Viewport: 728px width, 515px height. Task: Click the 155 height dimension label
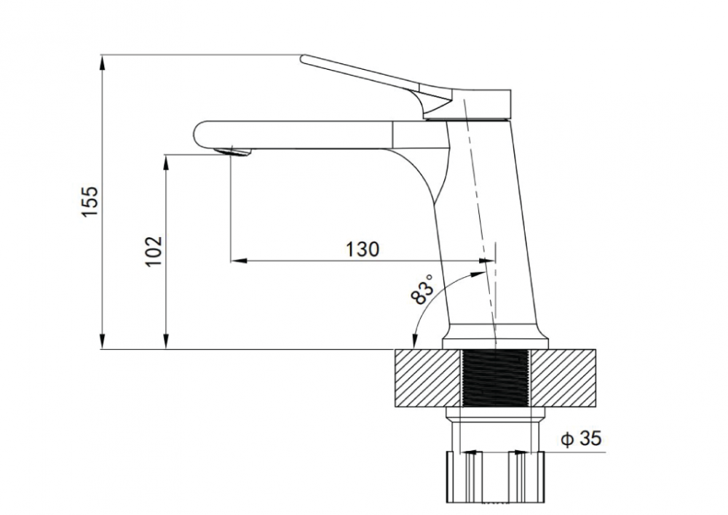coord(90,201)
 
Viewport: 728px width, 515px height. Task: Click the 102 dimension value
coord(154,251)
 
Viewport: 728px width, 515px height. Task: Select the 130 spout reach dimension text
coord(363,249)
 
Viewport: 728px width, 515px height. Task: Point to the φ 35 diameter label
coord(581,439)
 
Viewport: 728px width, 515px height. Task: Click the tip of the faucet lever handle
coord(303,59)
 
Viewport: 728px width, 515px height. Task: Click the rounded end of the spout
coord(198,135)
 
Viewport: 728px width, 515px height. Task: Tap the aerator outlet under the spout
coord(232,152)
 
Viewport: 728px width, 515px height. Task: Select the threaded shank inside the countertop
coord(496,378)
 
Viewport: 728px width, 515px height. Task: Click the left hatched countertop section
coord(428,378)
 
